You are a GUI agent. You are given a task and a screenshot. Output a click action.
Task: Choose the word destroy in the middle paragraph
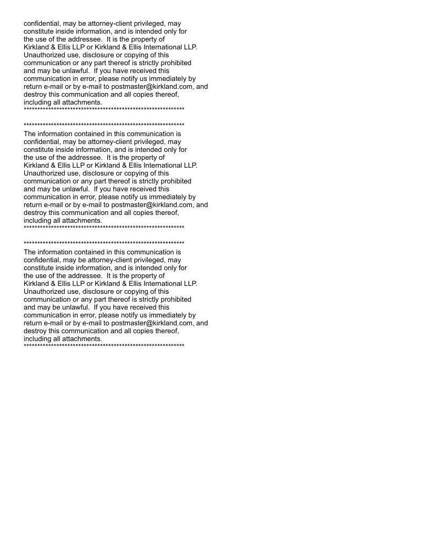click(x=36, y=213)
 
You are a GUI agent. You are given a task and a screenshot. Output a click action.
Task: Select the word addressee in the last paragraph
click(x=80, y=276)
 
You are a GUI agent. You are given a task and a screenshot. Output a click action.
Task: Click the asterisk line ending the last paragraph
click(x=104, y=345)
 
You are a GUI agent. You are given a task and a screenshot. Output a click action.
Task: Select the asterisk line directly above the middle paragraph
click(x=104, y=125)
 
